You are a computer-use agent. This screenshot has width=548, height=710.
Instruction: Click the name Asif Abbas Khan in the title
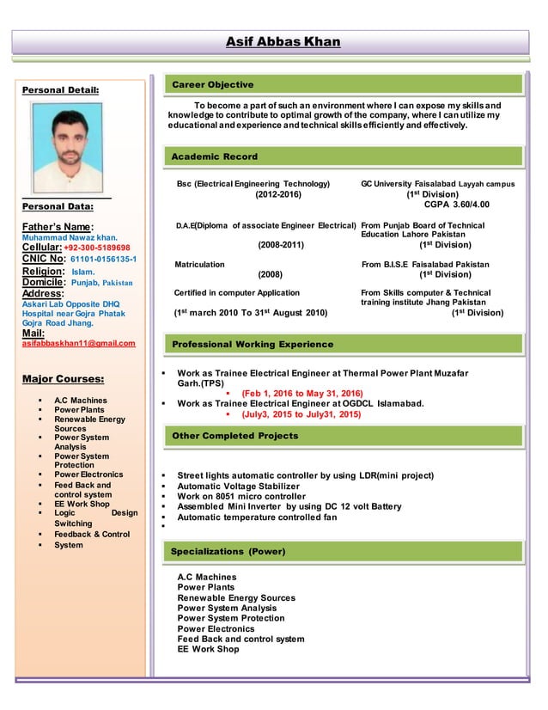point(283,42)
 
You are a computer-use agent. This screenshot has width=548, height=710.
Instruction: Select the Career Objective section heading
point(213,84)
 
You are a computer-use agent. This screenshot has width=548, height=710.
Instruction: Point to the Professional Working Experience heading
point(253,344)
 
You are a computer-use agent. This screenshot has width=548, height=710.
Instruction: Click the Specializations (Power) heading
point(228,551)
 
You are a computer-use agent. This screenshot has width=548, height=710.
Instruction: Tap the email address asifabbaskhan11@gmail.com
point(78,343)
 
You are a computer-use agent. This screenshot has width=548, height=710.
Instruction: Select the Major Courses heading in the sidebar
point(64,378)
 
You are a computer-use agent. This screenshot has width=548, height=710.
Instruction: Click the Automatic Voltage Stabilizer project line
point(239,487)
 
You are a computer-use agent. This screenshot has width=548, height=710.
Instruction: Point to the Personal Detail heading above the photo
point(61,89)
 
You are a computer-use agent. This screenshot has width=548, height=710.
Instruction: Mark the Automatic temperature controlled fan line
point(257,517)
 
